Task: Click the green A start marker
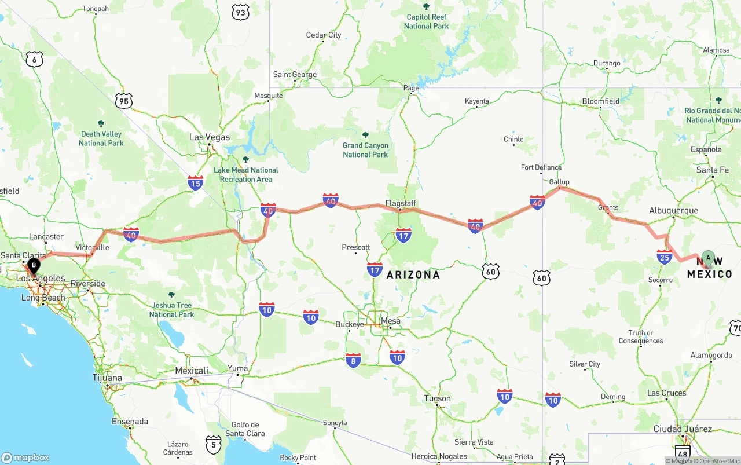tap(708, 258)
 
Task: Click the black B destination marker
tap(34, 266)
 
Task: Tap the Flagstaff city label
tap(400, 203)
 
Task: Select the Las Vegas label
tap(210, 137)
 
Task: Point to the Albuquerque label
tap(673, 211)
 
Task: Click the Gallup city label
tap(559, 182)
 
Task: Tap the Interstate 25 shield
tap(664, 257)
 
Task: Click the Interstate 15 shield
tap(196, 183)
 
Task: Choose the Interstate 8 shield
tap(353, 360)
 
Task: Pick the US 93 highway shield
tap(240, 12)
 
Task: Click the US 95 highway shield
tap(123, 101)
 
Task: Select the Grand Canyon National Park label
tap(365, 150)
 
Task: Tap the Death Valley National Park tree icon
tap(101, 123)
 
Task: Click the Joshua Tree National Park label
tap(171, 310)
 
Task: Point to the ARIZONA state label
tap(413, 274)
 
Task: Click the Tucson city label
tap(437, 398)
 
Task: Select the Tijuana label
tap(107, 378)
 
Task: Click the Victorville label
tap(92, 247)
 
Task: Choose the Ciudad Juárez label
tap(683, 429)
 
